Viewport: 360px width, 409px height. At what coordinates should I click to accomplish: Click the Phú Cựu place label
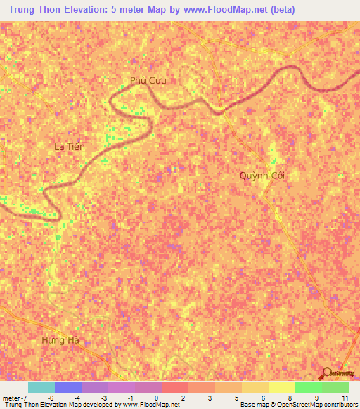tap(148, 80)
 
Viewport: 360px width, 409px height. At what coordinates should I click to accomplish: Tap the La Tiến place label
tap(70, 146)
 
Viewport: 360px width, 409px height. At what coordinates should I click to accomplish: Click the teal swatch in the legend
tap(41, 387)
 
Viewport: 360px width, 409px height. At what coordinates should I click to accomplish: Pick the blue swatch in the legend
tap(68, 387)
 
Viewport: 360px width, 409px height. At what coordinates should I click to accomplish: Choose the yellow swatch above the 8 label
tap(282, 387)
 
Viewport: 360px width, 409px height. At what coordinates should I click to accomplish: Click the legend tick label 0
tap(156, 397)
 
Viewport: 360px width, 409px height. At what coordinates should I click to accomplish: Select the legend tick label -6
tap(50, 397)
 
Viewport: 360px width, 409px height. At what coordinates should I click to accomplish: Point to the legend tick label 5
tap(236, 397)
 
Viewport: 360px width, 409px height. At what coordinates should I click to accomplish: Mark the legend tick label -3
tap(103, 397)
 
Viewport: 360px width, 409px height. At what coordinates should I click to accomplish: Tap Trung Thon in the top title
tap(35, 9)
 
